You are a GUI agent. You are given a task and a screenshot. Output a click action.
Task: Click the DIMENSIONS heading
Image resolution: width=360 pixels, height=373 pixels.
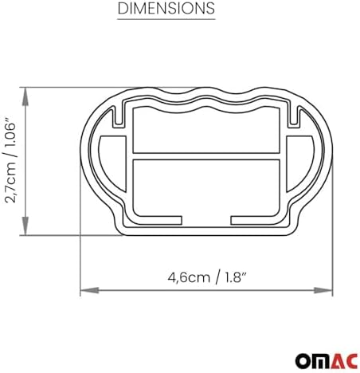coord(166,8)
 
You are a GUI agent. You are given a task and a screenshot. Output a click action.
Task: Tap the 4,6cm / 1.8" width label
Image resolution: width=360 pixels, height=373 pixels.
coord(207,278)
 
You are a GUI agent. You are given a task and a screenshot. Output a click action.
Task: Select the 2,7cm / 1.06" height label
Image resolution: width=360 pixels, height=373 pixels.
coord(11,163)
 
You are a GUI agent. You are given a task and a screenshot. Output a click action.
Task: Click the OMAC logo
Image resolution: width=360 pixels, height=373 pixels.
coord(327,361)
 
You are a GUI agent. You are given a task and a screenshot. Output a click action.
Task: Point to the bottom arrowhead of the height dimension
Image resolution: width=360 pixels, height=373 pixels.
coord(25,226)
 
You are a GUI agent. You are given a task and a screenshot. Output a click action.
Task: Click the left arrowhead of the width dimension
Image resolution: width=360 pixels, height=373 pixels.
coord(89,290)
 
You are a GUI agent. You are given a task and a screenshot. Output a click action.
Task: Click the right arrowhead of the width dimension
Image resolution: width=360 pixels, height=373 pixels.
coord(323,290)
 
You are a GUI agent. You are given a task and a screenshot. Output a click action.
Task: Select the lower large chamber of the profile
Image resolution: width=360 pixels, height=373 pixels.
coord(206,186)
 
